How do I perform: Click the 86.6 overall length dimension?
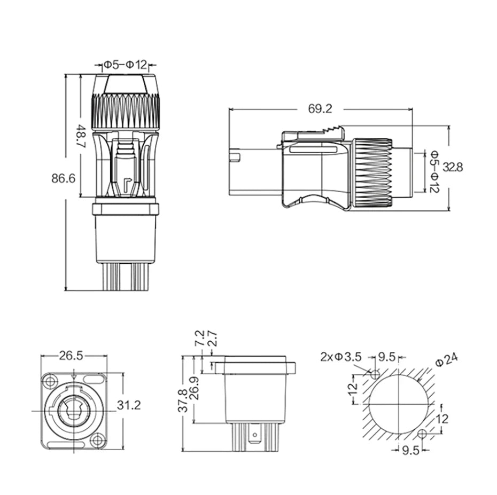[x=64, y=178]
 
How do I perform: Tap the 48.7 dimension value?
[x=81, y=136]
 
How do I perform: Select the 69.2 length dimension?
[x=320, y=108]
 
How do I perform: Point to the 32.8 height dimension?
[x=453, y=167]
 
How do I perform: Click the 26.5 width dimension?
[x=71, y=356]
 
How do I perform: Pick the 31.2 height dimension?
[x=129, y=405]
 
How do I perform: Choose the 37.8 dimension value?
[x=183, y=400]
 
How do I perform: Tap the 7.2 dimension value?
[x=200, y=339]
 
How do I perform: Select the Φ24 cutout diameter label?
[x=447, y=360]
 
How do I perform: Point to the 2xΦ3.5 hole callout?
[x=341, y=357]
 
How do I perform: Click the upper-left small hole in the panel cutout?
[x=375, y=375]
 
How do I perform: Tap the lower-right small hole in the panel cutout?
[x=422, y=434]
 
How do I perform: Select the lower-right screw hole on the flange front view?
[x=97, y=441]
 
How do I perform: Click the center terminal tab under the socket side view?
[x=254, y=435]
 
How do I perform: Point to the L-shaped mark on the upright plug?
[x=128, y=186]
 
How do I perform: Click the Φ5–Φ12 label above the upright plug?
[x=126, y=65]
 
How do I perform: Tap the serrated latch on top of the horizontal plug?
[x=332, y=130]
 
